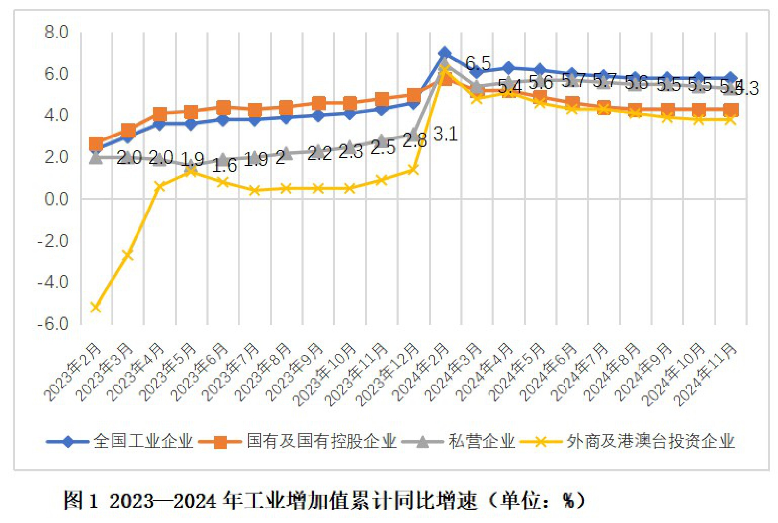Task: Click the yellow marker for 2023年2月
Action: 96,307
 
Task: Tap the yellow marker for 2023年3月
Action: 128,255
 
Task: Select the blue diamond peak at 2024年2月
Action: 445,53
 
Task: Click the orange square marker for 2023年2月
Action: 96,144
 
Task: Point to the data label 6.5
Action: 478,63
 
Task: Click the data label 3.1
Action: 445,134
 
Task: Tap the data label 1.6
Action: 224,166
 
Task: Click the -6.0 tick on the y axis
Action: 53,324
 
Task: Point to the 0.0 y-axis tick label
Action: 56,199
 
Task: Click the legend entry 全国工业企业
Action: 144,441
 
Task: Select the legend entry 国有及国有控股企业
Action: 321,441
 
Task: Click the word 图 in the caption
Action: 72,500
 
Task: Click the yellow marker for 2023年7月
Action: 255,190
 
